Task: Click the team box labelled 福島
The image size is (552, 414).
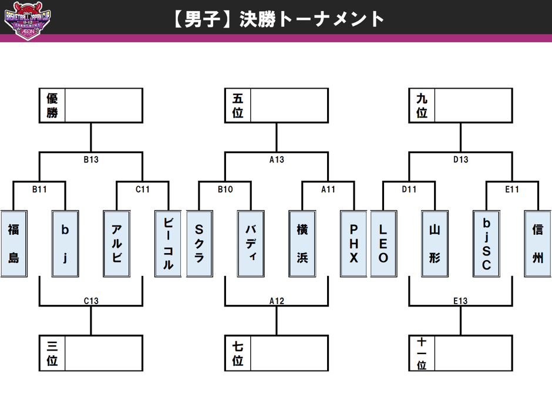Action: (x=14, y=243)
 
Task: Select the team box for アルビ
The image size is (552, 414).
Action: (x=116, y=243)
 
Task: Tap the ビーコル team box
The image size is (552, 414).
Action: (x=168, y=243)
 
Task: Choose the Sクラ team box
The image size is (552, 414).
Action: (x=199, y=243)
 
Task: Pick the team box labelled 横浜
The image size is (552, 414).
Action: (x=302, y=243)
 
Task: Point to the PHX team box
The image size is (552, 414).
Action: (x=354, y=243)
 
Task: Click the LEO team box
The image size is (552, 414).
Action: (x=383, y=243)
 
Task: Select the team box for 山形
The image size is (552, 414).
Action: (x=435, y=243)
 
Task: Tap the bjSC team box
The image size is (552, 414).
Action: (x=486, y=243)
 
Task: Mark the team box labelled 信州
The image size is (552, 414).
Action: (x=538, y=243)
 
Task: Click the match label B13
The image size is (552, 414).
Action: (x=91, y=159)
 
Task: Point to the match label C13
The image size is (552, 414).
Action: (x=91, y=301)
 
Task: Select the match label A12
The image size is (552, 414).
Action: (x=277, y=301)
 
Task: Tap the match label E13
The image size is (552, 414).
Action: (x=460, y=301)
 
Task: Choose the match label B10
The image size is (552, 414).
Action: (x=225, y=189)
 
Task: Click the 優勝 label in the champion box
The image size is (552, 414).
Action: (x=52, y=106)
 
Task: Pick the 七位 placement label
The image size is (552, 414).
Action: (x=238, y=353)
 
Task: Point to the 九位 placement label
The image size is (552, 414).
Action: (x=422, y=106)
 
